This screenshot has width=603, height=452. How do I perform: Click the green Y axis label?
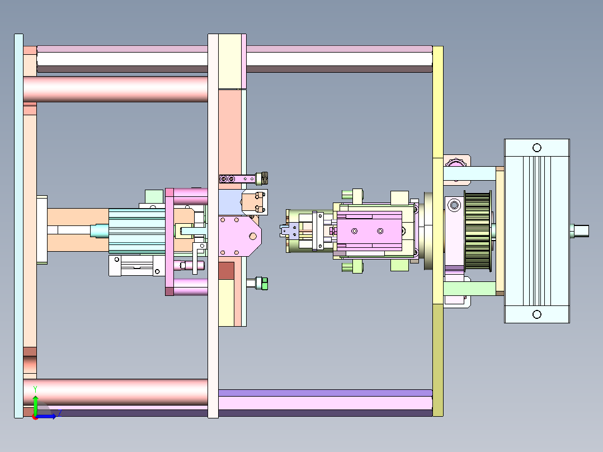pyautogui.click(x=35, y=389)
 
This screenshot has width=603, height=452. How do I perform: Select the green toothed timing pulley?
pyautogui.click(x=478, y=231)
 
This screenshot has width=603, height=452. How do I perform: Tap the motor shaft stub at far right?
pyautogui.click(x=579, y=231)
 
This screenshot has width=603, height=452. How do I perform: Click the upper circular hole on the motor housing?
pyautogui.click(x=537, y=148)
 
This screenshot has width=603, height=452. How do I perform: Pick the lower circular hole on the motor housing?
pyautogui.click(x=537, y=314)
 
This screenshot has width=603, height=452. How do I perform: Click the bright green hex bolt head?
pyautogui.click(x=264, y=284)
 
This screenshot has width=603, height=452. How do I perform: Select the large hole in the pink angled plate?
pyautogui.click(x=253, y=237)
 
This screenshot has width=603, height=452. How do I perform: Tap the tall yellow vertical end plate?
pyautogui.click(x=437, y=231)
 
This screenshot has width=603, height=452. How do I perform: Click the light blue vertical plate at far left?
pyautogui.click(x=18, y=226)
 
